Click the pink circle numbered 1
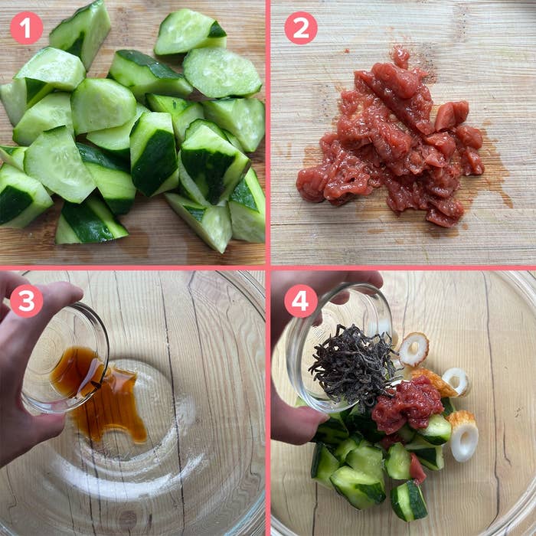(x=27, y=28)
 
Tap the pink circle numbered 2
(x=301, y=28)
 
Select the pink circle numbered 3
(x=27, y=301)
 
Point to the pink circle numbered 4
(x=301, y=301)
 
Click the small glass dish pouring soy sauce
(x=65, y=359)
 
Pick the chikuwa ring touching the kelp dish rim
(x=413, y=348)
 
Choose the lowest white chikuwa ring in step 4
(x=462, y=436)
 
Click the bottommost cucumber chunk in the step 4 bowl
(x=409, y=501)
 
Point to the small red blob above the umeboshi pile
(x=400, y=57)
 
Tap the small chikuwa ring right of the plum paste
(x=456, y=381)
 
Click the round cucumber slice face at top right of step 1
(x=222, y=72)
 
